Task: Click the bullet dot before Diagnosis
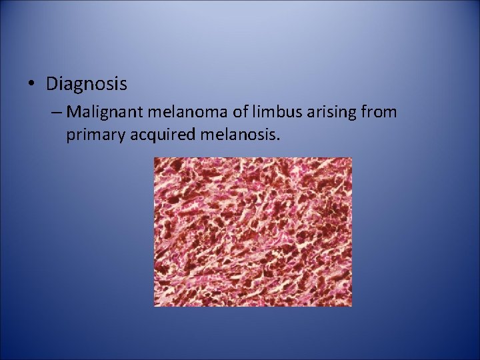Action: tap(33, 85)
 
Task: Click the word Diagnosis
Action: tap(87, 85)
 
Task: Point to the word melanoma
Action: tap(175, 111)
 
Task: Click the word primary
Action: tap(93, 136)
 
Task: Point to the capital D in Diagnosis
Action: tap(52, 85)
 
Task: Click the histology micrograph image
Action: tap(253, 232)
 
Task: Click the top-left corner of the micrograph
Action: tap(155, 158)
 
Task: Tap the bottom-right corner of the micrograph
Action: tap(351, 306)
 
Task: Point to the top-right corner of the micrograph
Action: tap(351, 158)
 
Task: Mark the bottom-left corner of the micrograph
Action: tap(155, 306)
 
